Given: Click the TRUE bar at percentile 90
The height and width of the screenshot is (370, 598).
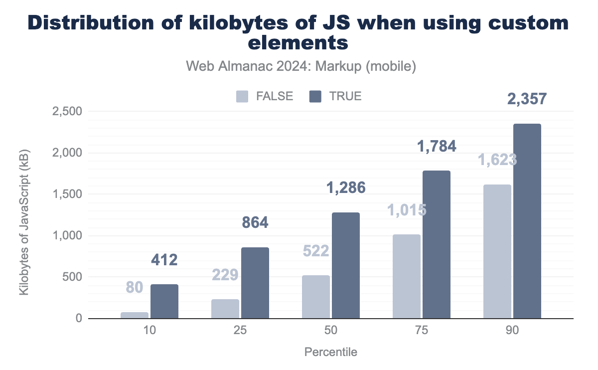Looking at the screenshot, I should [527, 221].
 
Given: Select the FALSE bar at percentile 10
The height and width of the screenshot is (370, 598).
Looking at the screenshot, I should [135, 315].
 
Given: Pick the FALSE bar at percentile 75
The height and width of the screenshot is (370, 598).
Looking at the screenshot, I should [407, 276].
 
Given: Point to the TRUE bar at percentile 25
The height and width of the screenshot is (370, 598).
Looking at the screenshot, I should [255, 283].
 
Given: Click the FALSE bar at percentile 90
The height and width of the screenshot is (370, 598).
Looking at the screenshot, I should [497, 251].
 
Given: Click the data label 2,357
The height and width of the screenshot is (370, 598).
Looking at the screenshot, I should [527, 99].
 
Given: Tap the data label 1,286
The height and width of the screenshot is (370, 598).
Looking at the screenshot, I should [346, 187].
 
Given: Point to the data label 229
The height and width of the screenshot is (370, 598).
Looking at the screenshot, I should [225, 275].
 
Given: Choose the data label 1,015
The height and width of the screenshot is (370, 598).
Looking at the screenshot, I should [407, 210].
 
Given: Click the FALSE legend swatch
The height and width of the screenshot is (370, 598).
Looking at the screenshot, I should [242, 96].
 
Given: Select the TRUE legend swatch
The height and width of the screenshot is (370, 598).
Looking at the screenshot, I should [315, 96].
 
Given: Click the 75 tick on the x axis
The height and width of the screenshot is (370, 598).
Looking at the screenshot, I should [422, 330].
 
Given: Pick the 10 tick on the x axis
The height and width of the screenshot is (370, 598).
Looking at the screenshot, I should [149, 330].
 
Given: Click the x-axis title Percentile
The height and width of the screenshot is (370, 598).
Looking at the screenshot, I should [331, 352].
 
